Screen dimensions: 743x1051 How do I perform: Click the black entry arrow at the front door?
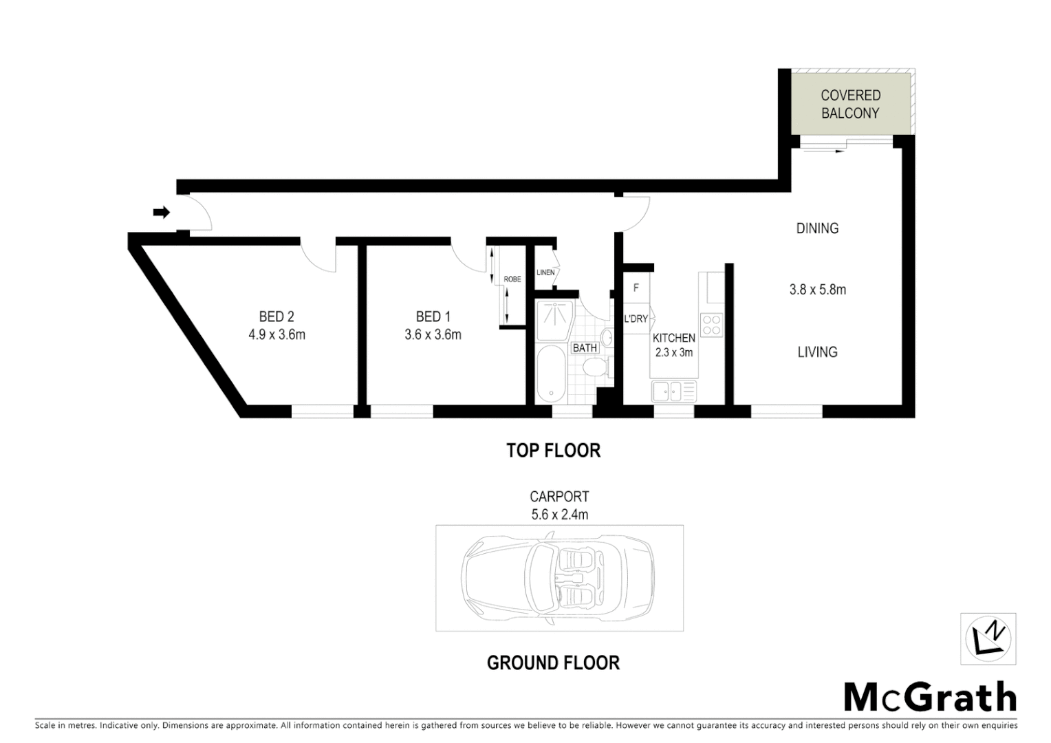(x=161, y=213)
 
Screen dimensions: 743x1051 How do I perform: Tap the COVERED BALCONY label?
(x=850, y=105)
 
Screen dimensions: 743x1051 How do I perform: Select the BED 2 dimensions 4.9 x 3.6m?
(x=277, y=335)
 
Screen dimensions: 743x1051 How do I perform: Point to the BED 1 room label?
(x=433, y=316)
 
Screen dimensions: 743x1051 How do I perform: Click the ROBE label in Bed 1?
(x=512, y=279)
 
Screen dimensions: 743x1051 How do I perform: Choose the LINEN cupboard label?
(x=545, y=272)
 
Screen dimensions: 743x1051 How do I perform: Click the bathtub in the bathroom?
(x=550, y=375)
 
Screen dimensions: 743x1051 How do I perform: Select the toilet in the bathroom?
(x=593, y=370)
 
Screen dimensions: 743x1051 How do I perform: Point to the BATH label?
(x=585, y=348)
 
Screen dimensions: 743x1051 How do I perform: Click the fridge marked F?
(x=636, y=288)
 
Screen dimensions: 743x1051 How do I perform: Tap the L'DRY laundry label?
(x=636, y=319)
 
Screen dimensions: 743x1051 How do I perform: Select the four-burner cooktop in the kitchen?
(x=711, y=324)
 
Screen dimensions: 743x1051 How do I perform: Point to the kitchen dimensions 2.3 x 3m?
(x=673, y=352)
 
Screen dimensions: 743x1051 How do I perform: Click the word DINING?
(x=817, y=228)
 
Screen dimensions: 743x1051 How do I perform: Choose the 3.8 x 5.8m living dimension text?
(x=817, y=290)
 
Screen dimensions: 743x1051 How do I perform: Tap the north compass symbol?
(x=988, y=638)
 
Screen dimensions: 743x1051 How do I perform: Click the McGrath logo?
(x=930, y=698)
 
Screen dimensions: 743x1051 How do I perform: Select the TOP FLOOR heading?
(x=553, y=451)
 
